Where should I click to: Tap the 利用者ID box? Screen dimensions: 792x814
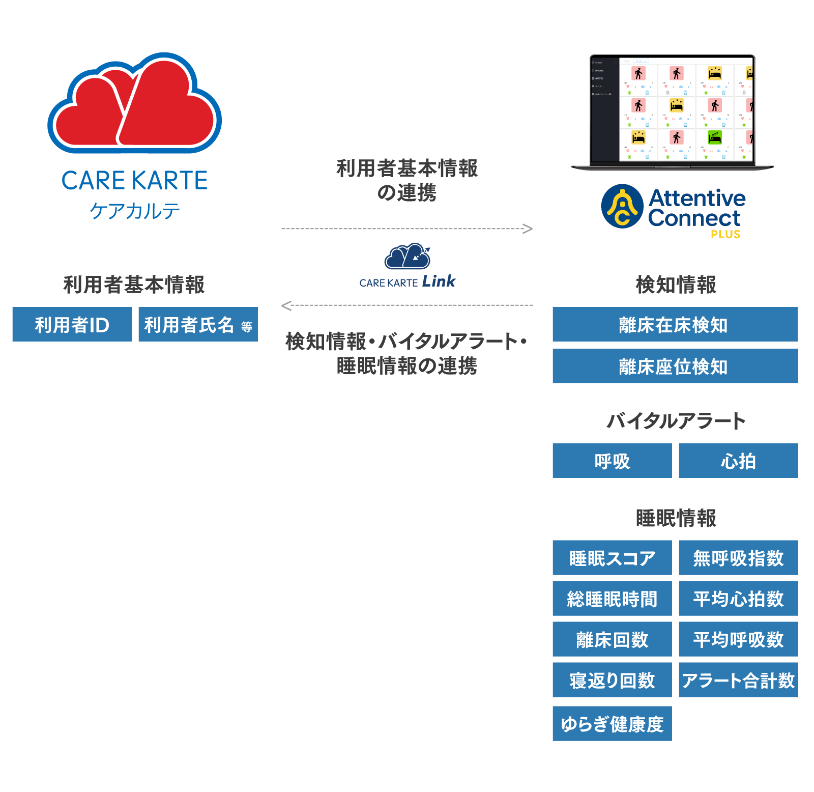tap(72, 324)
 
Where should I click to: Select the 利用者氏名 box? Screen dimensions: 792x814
tap(198, 324)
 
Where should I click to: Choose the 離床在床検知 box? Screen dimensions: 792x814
tap(675, 324)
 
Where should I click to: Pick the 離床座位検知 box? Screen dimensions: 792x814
tap(675, 366)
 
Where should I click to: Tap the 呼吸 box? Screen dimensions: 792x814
tap(612, 461)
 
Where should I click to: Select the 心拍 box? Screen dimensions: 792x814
tap(738, 461)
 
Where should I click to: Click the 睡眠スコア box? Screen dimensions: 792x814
tap(612, 558)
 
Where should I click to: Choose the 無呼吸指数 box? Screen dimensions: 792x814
tap(738, 558)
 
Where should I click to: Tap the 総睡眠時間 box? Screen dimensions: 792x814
tap(612, 599)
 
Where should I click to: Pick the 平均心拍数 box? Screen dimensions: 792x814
tap(738, 599)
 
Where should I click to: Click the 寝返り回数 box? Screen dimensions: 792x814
tap(612, 680)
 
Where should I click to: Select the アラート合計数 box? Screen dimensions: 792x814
tap(738, 680)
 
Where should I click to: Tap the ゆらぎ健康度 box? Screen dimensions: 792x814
tap(612, 723)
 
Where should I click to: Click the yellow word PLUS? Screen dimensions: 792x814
tap(725, 234)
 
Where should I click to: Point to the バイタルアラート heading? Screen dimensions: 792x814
tap(676, 421)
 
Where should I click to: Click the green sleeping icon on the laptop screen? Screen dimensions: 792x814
tap(715, 137)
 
